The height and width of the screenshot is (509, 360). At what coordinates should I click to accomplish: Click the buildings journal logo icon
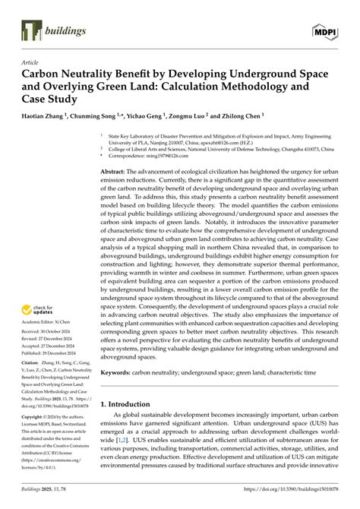pos(30,30)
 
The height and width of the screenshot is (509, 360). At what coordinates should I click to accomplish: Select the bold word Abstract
pos(116,174)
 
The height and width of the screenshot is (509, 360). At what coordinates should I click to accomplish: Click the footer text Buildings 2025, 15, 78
pos(46,498)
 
